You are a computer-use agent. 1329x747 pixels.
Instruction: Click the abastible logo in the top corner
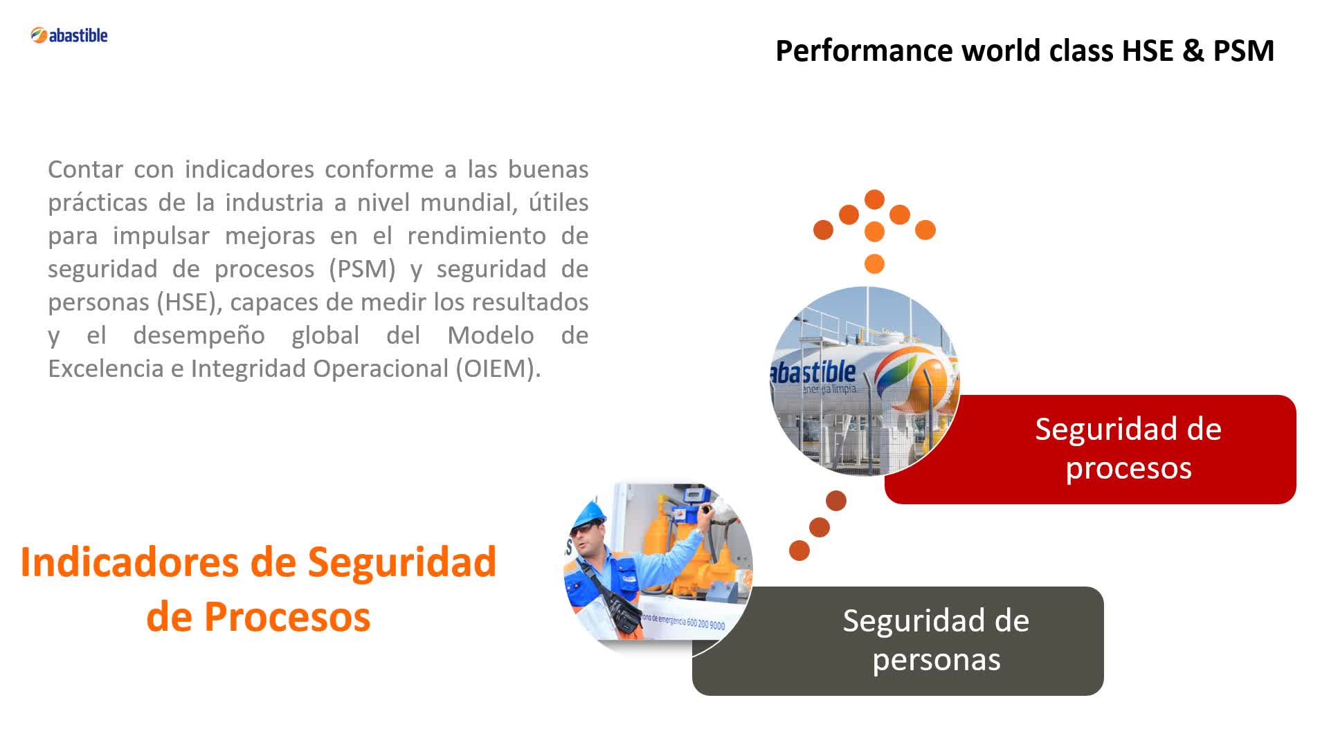click(x=69, y=35)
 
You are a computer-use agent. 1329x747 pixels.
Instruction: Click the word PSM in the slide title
click(x=1243, y=50)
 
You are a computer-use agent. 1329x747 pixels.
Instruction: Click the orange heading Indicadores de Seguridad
click(x=258, y=562)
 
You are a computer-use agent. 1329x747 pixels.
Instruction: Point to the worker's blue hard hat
click(x=590, y=513)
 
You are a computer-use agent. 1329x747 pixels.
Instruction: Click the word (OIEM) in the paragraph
click(x=498, y=368)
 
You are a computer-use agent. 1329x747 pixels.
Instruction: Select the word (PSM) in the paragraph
click(x=362, y=268)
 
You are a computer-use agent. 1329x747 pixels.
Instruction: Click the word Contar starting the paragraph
click(x=86, y=169)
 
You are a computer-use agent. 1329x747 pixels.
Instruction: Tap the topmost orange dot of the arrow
click(x=875, y=199)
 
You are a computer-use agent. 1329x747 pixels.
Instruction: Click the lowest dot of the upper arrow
click(x=875, y=264)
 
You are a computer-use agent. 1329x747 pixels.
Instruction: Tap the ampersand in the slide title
click(x=1193, y=50)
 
